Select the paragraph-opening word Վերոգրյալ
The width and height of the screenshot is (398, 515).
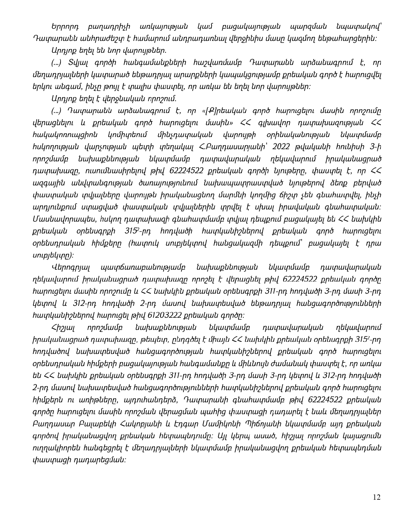71,267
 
